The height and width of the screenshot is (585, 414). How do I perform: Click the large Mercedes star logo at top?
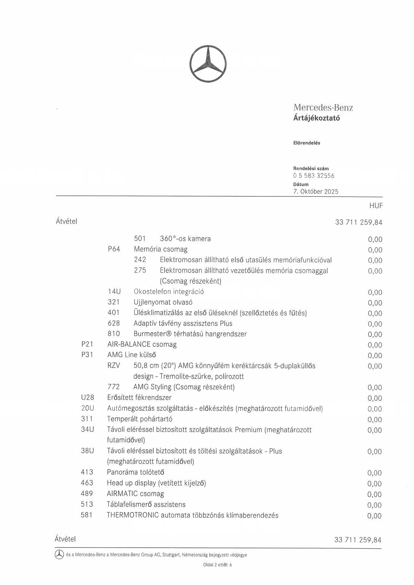pos(208,64)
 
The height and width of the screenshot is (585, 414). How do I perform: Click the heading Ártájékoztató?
pos(316,118)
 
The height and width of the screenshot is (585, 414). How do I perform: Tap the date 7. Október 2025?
pos(316,192)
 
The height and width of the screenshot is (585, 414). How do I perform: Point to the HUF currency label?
pos(375,206)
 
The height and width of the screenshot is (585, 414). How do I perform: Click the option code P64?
pos(114,249)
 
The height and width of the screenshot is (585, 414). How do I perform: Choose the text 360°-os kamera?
pos(185,239)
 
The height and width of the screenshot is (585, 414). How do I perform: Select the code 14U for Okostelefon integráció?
pos(114,292)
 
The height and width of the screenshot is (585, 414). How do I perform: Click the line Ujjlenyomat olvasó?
pos(163,302)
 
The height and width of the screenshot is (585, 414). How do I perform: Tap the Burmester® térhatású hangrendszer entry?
pos(190,334)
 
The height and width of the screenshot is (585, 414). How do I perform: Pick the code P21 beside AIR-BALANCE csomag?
pos(87,344)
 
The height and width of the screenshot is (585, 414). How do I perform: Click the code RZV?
pos(114,366)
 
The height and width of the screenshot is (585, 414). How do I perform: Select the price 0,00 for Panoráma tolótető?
pos(374,473)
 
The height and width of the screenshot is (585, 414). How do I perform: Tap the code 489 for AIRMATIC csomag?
pos(87,494)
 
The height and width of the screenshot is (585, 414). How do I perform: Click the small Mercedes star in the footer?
pos(59,555)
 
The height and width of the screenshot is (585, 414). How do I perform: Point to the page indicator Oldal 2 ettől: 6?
pos(217,565)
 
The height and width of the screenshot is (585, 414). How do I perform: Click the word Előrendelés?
pos(306,143)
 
